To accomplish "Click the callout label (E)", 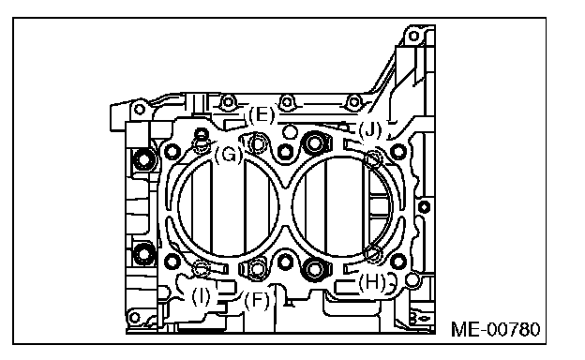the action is (x=262, y=115).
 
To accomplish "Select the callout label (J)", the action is (x=370, y=130).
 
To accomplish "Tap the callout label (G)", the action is (x=229, y=154).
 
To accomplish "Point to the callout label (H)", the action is (x=372, y=282).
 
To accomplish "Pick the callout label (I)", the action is (x=201, y=297).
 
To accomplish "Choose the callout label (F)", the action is (x=257, y=300).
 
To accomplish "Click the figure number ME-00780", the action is (x=495, y=329).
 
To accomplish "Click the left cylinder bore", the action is (x=229, y=206).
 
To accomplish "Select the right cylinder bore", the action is (x=342, y=206).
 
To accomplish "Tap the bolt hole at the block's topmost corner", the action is (x=413, y=37).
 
